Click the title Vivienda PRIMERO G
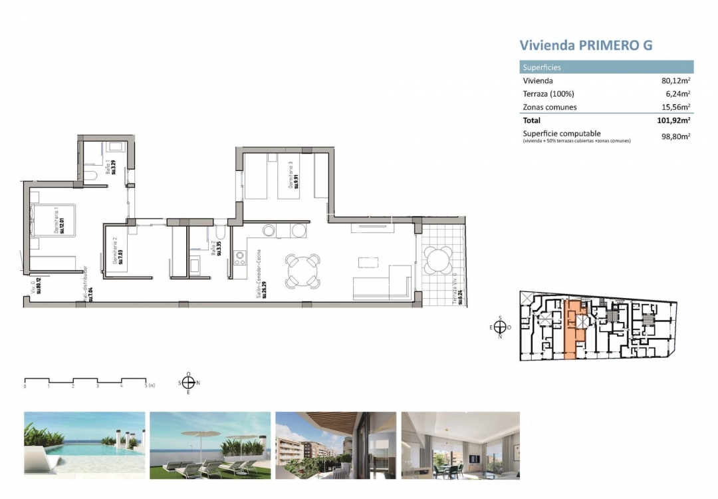tap(585, 45)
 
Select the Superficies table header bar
tap(606, 67)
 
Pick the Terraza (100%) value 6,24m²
tap(675, 94)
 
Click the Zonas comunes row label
tap(550, 107)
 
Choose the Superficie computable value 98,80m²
tap(673, 136)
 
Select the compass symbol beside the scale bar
tap(188, 382)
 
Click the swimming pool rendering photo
tap(84, 445)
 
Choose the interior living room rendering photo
tap(460, 445)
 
